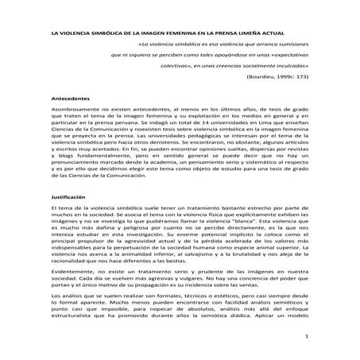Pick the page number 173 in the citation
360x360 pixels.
(x=299, y=79)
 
